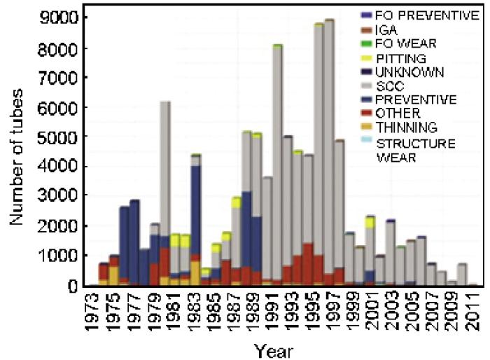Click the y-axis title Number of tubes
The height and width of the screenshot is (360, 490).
click(18, 151)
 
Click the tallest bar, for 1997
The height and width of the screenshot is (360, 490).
click(329, 140)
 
